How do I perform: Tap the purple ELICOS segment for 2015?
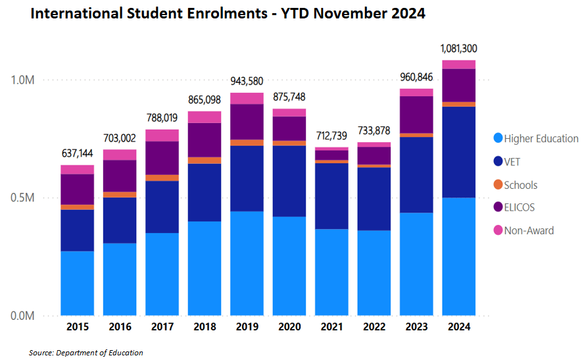click(77, 190)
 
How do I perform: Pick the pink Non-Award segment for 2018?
click(204, 117)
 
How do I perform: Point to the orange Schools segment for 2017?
click(162, 178)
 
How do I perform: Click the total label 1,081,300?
click(459, 49)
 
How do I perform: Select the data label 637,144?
click(77, 153)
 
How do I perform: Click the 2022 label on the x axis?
click(374, 326)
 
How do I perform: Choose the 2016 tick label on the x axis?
click(120, 326)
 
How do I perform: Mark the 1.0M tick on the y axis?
click(22, 80)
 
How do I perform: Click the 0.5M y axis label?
click(22, 198)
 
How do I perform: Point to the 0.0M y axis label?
click(22, 316)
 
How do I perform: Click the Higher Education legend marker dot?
click(498, 138)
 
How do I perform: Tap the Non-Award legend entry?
click(529, 230)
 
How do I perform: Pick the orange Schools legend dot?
click(498, 185)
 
